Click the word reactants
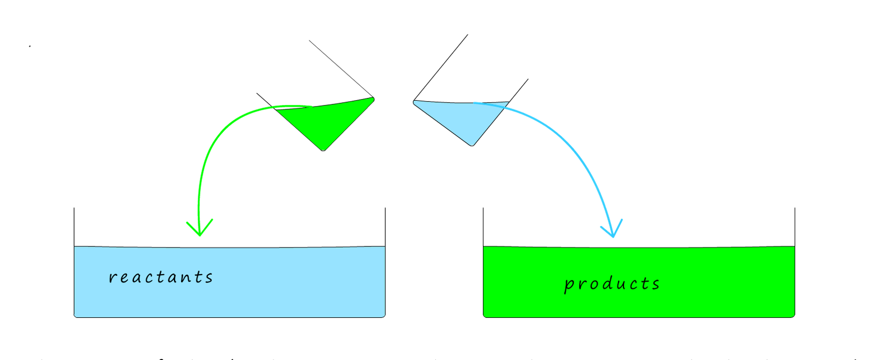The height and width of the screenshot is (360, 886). [x=161, y=277]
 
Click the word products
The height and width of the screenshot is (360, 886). [x=612, y=284]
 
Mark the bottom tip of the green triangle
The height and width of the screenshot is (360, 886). [x=323, y=148]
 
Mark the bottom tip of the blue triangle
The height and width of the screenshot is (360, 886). [x=472, y=143]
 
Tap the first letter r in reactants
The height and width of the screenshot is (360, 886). [x=112, y=277]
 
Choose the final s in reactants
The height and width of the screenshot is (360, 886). [x=208, y=277]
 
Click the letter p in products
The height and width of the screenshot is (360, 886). [x=569, y=286]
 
